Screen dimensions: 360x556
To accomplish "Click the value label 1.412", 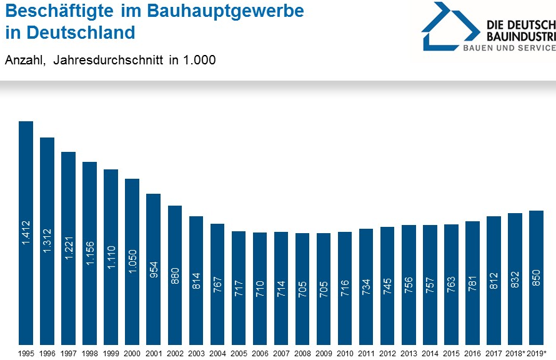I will coord(26,231).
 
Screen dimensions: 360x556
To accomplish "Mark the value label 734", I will coord(366,286).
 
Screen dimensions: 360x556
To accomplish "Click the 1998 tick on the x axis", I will coord(89,353).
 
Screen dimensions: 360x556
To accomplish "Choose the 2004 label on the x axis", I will coord(217,353).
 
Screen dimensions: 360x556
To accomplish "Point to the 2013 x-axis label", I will coord(409,353).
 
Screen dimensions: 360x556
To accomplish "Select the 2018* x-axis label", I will coord(515,353).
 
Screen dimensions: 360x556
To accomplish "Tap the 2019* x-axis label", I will coord(537,353).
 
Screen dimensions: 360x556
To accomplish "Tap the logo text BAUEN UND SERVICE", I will coord(509,48).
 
